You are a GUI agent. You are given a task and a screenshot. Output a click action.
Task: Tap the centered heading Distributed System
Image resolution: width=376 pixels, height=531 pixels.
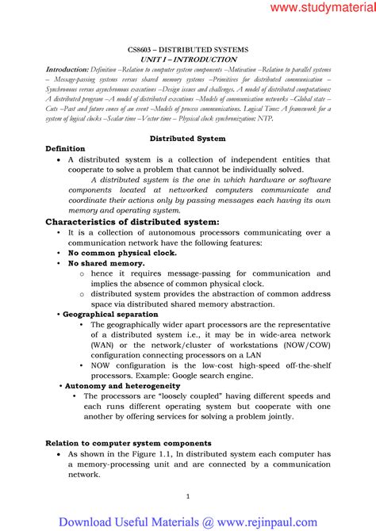[188, 138]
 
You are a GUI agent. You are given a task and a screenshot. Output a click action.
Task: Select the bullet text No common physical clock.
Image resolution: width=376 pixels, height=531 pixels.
[111, 253]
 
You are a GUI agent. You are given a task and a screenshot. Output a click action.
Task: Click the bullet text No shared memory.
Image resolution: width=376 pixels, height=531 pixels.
[106, 262]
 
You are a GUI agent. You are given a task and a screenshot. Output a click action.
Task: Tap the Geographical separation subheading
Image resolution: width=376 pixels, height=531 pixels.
[111, 314]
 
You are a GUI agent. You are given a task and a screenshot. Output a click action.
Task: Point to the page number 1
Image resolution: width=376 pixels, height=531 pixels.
[187, 496]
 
